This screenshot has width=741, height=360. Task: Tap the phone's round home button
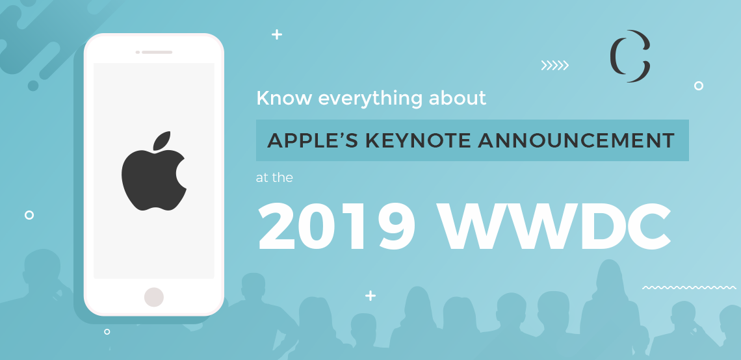154,297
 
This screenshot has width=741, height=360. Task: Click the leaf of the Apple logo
161,140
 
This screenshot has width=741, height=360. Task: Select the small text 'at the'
274,177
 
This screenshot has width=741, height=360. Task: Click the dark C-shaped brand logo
630,57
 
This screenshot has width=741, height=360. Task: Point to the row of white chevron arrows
554,65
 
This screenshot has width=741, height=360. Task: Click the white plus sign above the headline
277,35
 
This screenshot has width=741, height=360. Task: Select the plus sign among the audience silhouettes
370,296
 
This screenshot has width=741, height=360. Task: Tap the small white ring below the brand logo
699,86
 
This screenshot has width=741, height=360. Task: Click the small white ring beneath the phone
107,331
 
